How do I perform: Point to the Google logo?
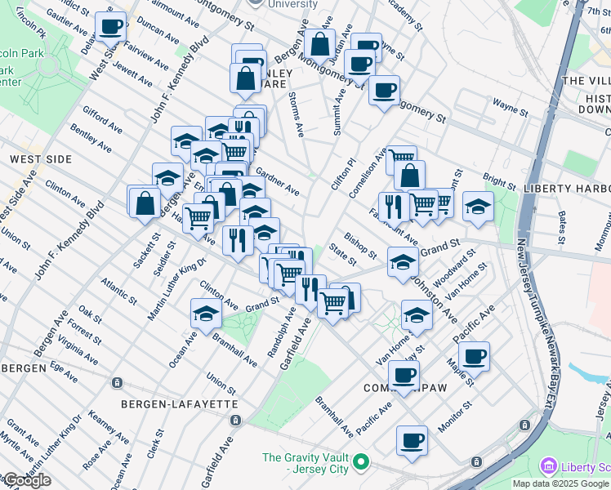pyautogui.click(x=26, y=480)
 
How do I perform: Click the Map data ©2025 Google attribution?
pyautogui.click(x=560, y=483)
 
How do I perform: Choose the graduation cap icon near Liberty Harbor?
pyautogui.click(x=478, y=206)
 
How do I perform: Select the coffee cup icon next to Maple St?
pyautogui.click(x=474, y=355)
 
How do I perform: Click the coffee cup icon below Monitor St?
pyautogui.click(x=413, y=440)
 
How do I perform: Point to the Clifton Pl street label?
pyautogui.click(x=341, y=174)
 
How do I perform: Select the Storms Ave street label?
pyautogui.click(x=296, y=114)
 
